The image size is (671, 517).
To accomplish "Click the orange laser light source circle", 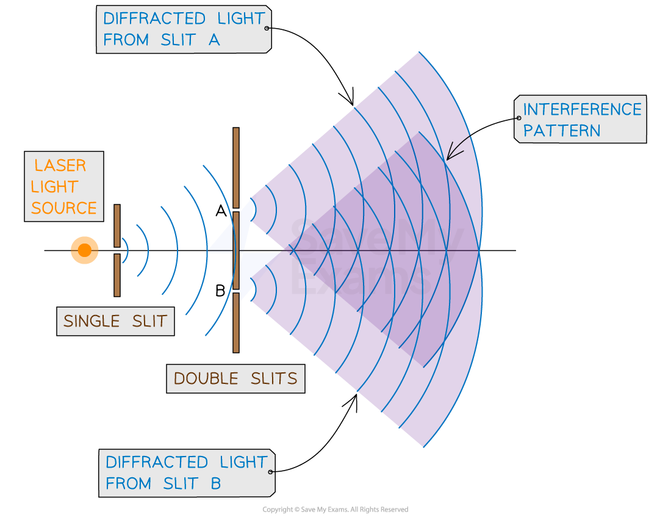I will click(84, 250).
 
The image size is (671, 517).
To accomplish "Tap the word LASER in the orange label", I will click(60, 165).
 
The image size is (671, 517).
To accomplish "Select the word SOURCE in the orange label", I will click(64, 208).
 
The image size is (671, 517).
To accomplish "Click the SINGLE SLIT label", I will click(115, 321).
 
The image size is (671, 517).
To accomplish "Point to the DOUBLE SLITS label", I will click(235, 378).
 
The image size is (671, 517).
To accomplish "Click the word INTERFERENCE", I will click(582, 109).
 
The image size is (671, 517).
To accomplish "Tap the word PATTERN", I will click(561, 131).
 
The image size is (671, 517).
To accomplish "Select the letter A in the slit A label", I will click(213, 40).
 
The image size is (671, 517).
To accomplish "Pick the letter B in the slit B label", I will click(215, 483).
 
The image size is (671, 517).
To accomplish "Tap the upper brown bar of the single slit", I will click(117, 225).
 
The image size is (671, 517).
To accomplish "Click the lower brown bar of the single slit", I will click(117, 275).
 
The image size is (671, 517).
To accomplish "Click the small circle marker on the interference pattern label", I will click(518, 118).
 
